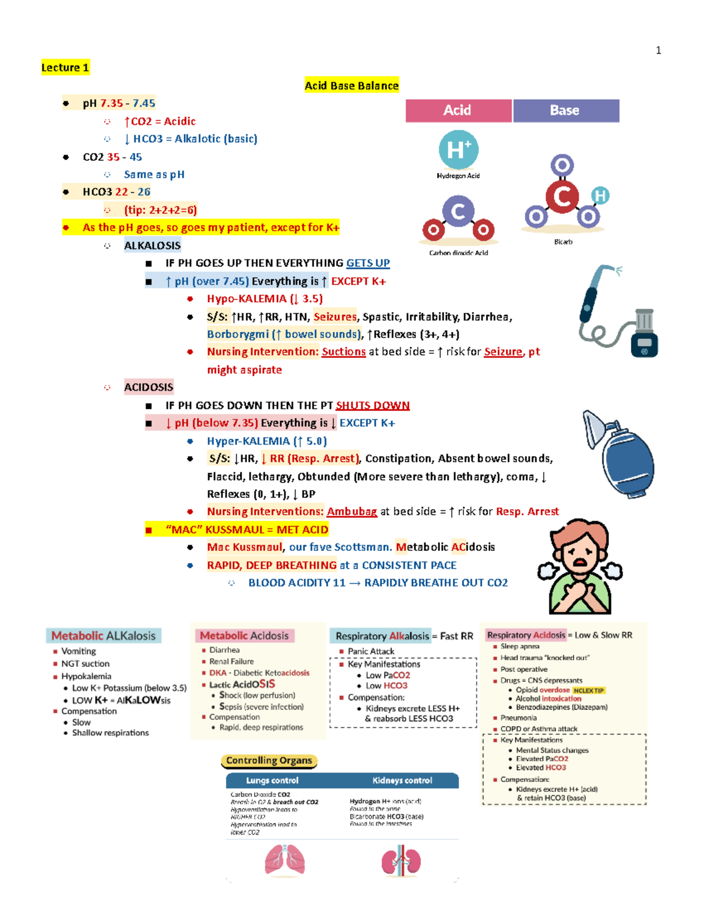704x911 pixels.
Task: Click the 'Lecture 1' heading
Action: tap(65, 67)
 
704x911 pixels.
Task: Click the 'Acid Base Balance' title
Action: tap(351, 86)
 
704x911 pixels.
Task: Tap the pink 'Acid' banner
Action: tap(458, 110)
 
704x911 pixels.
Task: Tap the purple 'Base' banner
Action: tap(566, 110)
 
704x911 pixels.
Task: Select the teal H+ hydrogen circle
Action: tap(458, 150)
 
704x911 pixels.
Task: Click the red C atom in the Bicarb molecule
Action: tap(562, 197)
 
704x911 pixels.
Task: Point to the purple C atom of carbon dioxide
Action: tap(458, 211)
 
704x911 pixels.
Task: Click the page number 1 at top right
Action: tap(658, 50)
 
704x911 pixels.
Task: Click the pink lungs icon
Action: tap(285, 861)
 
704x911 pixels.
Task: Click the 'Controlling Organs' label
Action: tap(269, 761)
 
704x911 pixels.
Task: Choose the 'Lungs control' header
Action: tap(272, 780)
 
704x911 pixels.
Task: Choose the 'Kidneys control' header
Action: tap(402, 780)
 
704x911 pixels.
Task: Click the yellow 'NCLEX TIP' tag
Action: tap(588, 690)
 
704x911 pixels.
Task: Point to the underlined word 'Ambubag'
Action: tap(351, 512)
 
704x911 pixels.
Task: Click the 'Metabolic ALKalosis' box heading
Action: tap(103, 636)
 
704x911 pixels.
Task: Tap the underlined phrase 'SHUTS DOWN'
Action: tap(373, 405)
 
